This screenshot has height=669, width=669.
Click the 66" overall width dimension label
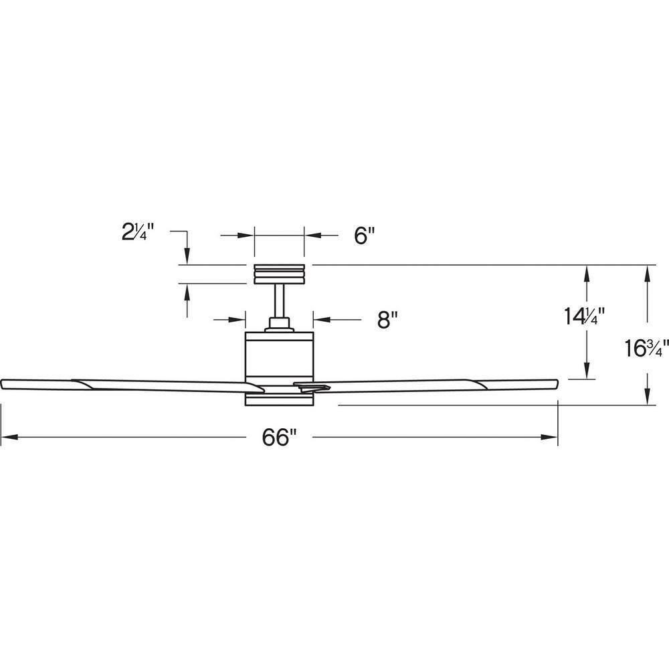279,438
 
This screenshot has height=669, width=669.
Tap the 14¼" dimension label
585,316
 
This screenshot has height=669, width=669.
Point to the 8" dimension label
387,319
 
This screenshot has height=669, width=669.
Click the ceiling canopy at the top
279,274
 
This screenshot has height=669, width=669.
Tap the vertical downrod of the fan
280,301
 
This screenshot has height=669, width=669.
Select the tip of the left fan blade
2,383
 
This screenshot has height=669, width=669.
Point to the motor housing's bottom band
279,399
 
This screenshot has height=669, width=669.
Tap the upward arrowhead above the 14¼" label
587,274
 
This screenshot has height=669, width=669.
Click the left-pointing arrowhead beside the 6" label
313,235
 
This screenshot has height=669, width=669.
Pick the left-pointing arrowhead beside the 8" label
322,319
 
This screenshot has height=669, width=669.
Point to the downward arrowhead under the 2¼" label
187,256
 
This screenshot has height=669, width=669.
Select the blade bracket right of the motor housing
312,386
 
